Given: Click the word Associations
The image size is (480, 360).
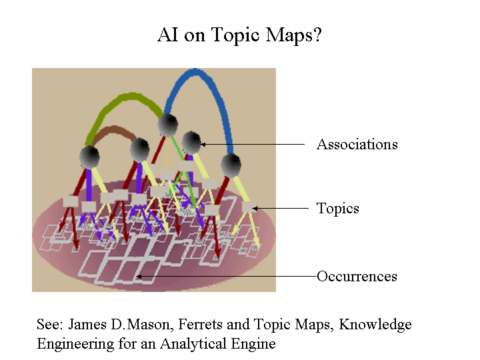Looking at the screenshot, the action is point(357,144).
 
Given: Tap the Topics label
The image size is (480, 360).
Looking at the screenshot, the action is point(337,209).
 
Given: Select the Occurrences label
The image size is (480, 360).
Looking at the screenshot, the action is point(357,277).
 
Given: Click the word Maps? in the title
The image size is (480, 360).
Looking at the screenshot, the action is point(293,35).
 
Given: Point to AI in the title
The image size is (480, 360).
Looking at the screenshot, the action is point(167,34).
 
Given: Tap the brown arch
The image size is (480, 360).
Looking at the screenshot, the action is point(113,129).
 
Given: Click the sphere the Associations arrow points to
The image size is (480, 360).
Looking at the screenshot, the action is point(191,142).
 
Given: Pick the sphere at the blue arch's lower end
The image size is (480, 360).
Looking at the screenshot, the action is point(231,165).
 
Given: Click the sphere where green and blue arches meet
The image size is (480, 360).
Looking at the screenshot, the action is point(168,125).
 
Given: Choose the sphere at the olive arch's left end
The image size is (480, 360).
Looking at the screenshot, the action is point(89,157).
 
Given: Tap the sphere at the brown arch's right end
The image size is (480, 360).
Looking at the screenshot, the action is point(140,149).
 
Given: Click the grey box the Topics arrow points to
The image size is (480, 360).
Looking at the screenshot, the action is point(249,207).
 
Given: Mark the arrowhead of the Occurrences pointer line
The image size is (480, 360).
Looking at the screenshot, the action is point(139,277).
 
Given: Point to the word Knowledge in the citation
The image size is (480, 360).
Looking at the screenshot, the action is point(375,325).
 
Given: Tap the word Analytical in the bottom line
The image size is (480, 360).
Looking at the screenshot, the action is point(193,344).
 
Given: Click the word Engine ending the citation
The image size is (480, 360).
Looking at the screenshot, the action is point(253,344).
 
